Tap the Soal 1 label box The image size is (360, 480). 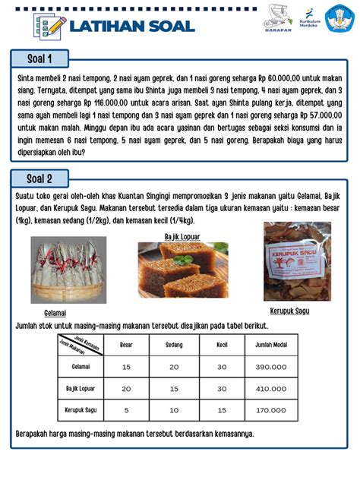tap(39, 58)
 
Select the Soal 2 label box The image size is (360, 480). tap(39, 178)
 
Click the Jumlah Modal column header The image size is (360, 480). tap(270, 345)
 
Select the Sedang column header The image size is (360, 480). tap(174, 345)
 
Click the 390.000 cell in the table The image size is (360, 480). tap(270, 367)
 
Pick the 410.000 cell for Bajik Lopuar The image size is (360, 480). tap(270, 388)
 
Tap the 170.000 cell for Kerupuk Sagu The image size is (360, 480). tap(270, 409)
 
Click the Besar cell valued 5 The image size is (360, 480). tap(127, 409)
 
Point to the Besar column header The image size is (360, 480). tap(127, 345)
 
